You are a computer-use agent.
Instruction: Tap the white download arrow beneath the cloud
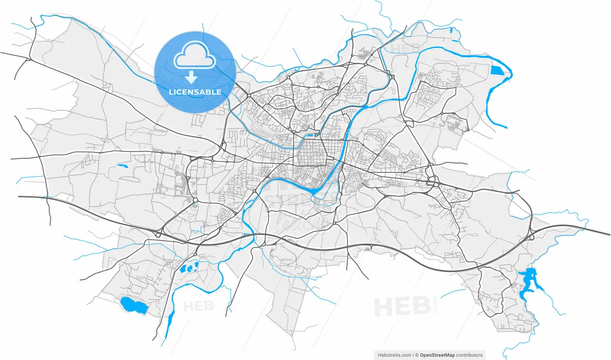(191, 77)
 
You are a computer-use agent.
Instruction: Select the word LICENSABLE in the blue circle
(195, 92)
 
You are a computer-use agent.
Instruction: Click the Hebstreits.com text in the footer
(394, 355)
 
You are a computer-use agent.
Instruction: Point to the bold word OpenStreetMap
(437, 355)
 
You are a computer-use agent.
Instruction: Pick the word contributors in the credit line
(469, 355)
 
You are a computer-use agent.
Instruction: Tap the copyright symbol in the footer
(417, 355)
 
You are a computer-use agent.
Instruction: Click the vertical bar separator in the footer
(413, 355)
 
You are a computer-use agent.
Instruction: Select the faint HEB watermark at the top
(405, 48)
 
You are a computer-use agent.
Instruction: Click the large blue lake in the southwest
(133, 305)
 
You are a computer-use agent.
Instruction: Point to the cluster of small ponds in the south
(189, 267)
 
